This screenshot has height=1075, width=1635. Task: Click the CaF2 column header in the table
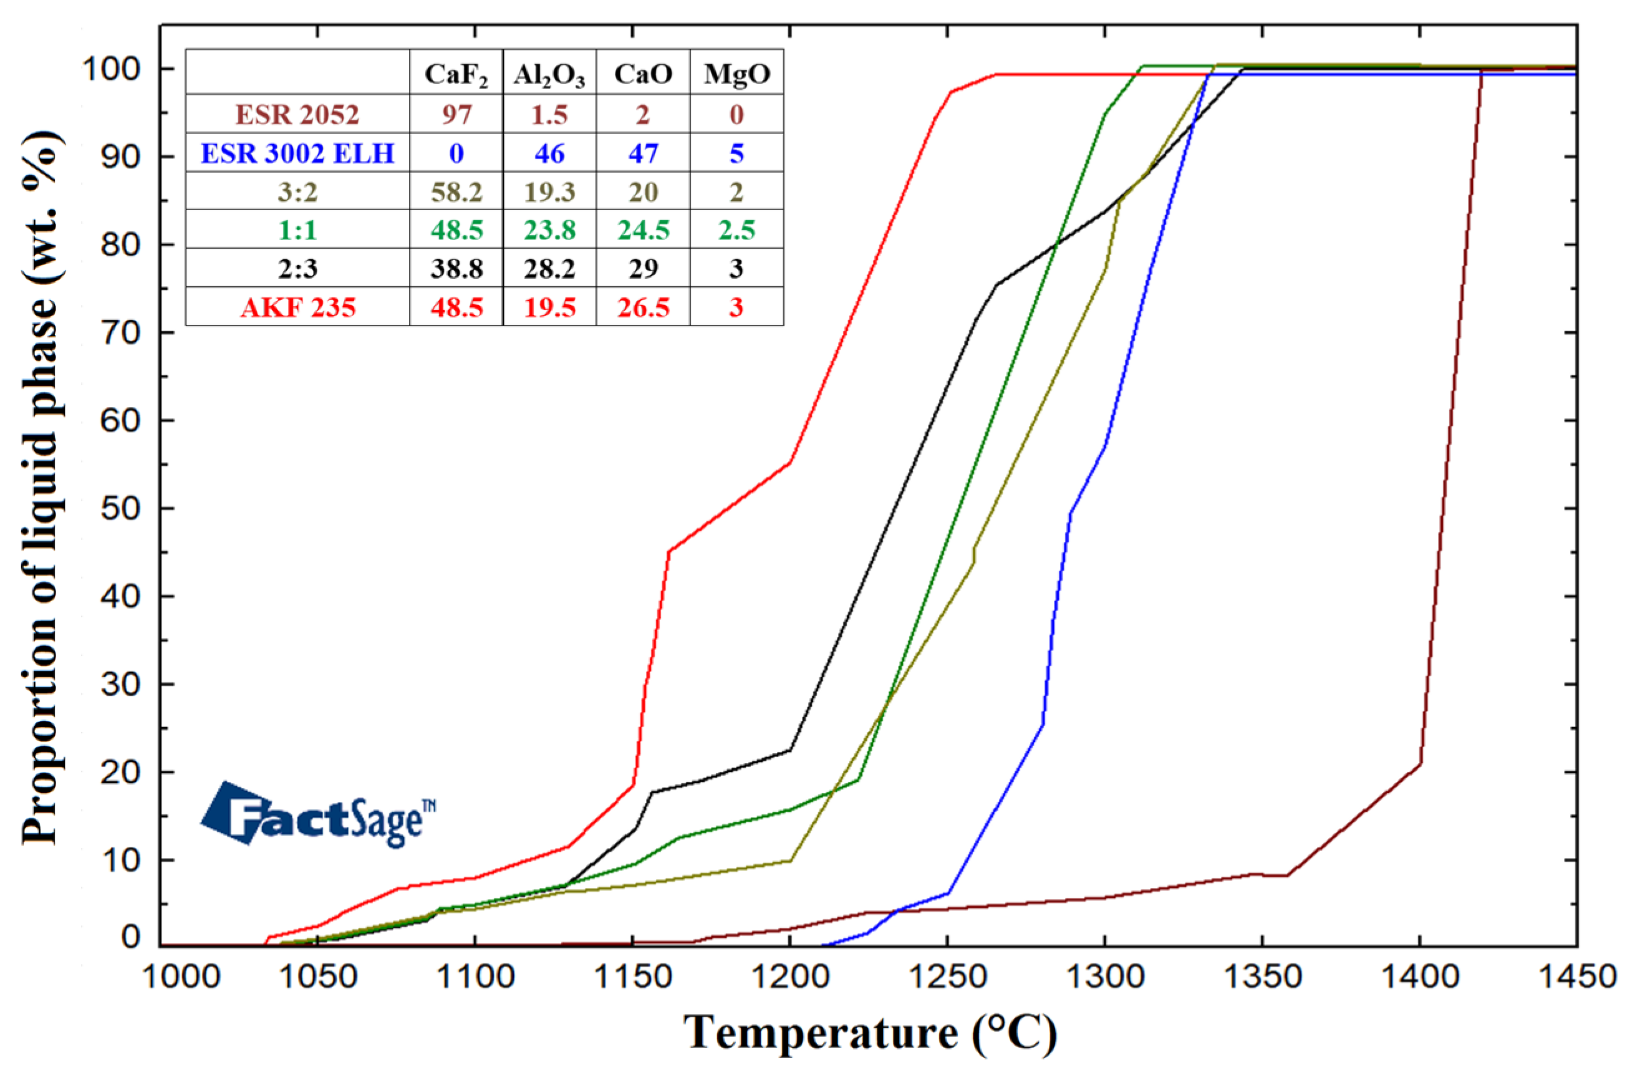[x=456, y=74]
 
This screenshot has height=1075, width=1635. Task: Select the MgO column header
[x=736, y=74]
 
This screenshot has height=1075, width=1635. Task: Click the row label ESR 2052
[x=297, y=114]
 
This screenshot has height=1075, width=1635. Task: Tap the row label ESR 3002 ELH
[x=297, y=153]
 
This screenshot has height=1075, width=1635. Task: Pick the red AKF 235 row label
[x=297, y=307]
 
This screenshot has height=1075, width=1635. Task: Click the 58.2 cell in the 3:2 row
[x=456, y=191]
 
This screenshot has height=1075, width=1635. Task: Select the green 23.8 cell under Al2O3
[x=549, y=229]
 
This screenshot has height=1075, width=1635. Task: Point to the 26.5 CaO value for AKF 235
[x=643, y=307]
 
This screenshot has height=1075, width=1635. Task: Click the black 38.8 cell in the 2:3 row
[x=456, y=268]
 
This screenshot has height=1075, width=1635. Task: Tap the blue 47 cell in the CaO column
[x=643, y=153]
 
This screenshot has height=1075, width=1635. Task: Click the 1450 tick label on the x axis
[x=1576, y=976]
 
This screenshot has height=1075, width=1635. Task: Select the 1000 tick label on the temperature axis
[x=181, y=976]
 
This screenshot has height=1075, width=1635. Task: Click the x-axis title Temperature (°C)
[x=869, y=1033]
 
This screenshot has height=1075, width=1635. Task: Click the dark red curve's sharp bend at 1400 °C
[x=1420, y=763]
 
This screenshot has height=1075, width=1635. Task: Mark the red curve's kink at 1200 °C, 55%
[x=790, y=461]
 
